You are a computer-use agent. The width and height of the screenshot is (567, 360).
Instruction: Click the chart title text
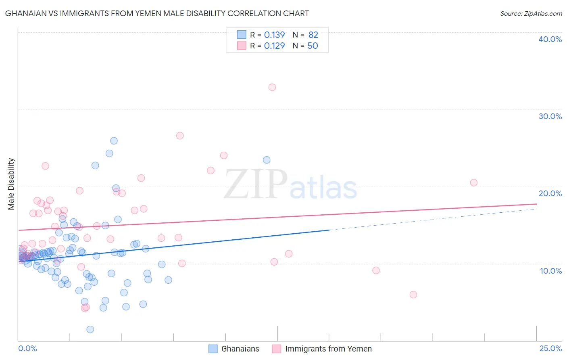coord(157,13)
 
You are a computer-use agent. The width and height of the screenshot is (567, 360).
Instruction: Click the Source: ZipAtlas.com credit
coord(531,13)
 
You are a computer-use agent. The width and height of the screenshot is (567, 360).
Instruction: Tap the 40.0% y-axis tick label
coord(550,39)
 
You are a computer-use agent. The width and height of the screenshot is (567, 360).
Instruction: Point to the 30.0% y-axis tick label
coord(550,116)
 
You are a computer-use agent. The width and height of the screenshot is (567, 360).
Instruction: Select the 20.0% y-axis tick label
coord(550,193)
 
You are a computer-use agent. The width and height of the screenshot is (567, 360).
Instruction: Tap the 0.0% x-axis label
coord(27,348)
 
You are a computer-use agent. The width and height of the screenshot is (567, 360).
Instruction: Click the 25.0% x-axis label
coord(550,348)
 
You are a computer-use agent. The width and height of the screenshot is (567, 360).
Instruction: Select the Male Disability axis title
coord(11,184)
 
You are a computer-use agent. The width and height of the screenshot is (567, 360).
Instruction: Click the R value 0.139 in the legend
coord(274,35)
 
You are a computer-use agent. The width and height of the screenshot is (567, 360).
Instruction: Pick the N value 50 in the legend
coord(313,46)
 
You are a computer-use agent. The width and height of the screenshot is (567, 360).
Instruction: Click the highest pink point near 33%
coord(272,87)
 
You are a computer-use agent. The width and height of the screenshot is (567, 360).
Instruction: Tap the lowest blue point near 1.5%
coord(90,329)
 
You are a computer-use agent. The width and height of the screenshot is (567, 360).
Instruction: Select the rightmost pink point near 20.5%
coord(474,182)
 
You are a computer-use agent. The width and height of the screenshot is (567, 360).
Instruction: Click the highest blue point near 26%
coord(114,141)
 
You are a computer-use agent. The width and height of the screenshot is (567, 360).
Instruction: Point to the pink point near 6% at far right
coord(413,295)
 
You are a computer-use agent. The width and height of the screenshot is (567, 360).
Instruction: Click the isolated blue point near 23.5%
coord(267,160)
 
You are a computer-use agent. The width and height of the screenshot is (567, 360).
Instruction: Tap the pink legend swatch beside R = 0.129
coord(242,46)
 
